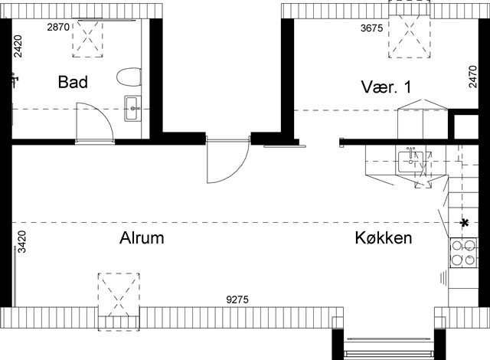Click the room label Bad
73,82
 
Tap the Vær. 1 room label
386,87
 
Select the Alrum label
142,237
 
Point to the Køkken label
384,237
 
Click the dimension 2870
58,27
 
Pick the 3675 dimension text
371,28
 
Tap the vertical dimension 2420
18,46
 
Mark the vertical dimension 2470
473,77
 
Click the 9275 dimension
237,299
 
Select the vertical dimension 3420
22,242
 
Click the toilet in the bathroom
129,77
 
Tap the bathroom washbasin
133,109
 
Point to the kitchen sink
410,162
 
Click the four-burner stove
463,253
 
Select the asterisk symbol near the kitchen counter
465,223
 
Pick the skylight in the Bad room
88,38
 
